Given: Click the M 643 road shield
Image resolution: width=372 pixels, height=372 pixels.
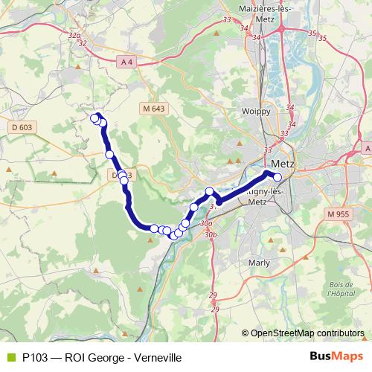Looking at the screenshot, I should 153,109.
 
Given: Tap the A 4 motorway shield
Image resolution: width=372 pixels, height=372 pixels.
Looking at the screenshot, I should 127,63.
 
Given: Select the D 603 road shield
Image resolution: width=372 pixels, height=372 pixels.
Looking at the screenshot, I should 21,128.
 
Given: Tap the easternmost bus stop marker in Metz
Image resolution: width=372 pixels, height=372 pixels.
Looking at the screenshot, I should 278,177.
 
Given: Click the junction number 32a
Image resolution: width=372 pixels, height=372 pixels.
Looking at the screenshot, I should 73,35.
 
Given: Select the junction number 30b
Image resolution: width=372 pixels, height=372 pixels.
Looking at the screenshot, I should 212,234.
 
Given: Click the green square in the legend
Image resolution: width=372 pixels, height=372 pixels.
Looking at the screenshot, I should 9,357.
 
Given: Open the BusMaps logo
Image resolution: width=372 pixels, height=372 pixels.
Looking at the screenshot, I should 336,357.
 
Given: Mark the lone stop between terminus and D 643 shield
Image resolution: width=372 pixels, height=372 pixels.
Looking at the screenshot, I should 109,154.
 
